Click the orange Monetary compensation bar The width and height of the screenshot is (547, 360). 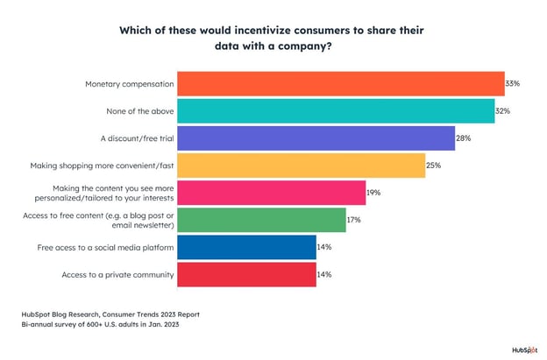(341, 84)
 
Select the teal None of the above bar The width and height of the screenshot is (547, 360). (336, 111)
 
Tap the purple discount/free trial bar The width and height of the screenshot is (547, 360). (316, 138)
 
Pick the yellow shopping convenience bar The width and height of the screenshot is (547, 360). (302, 166)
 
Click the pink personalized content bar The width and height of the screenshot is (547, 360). (272, 193)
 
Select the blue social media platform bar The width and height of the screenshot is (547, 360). (247, 248)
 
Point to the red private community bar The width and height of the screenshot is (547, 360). (247, 275)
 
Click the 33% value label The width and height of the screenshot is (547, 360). (513, 84)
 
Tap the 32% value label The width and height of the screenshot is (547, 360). (504, 111)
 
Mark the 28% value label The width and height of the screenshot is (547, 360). (464, 138)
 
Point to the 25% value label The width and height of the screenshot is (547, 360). (434, 166)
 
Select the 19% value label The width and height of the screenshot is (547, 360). (374, 193)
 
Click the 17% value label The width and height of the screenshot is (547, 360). (354, 220)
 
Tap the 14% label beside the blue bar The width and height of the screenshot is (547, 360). (324, 248)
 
